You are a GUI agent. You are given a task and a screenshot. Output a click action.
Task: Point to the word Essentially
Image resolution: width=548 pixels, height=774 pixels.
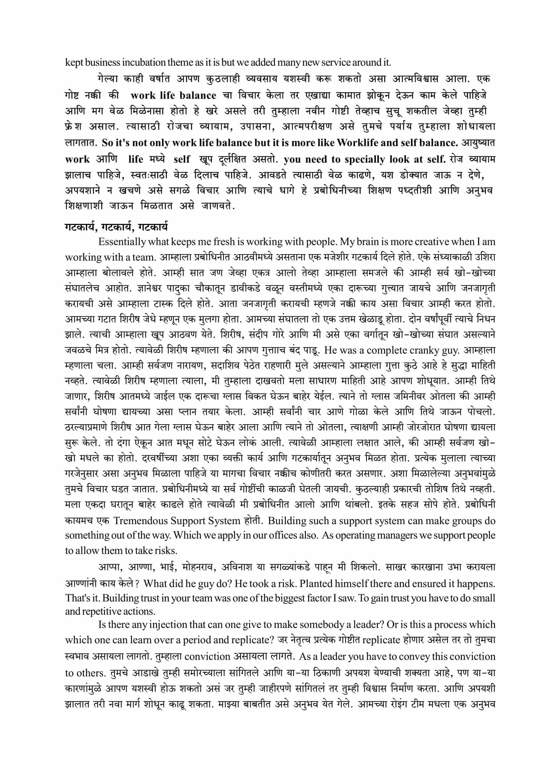click(x=122, y=242)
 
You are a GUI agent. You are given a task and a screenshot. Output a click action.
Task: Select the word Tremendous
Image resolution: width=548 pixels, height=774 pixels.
click(x=140, y=521)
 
